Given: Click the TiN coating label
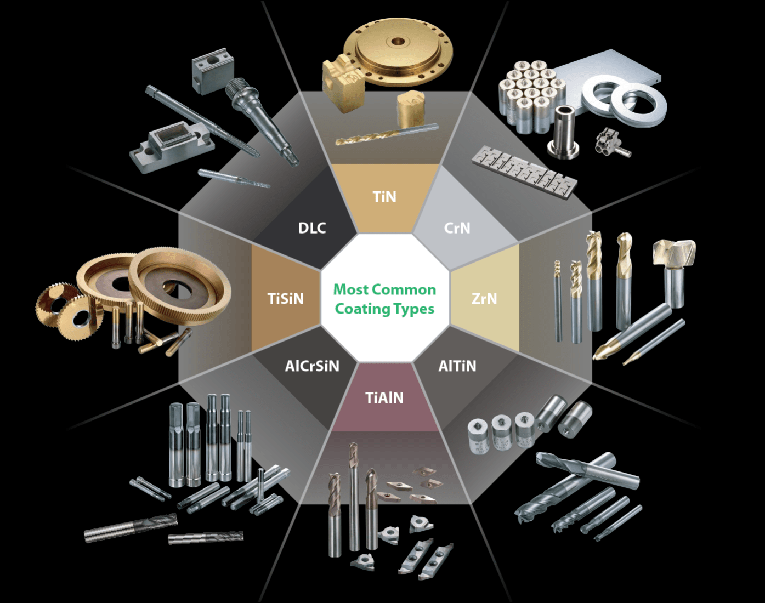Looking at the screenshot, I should pyautogui.click(x=384, y=197).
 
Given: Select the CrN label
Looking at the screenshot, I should pyautogui.click(x=457, y=227).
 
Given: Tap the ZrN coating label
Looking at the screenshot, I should pyautogui.click(x=484, y=299).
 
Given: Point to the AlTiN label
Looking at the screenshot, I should pyautogui.click(x=457, y=366).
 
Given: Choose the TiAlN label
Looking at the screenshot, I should pyautogui.click(x=384, y=397).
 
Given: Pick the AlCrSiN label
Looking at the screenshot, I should pyautogui.click(x=312, y=366).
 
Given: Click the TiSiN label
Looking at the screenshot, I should pyautogui.click(x=285, y=299).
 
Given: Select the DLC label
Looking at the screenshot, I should pyautogui.click(x=312, y=227).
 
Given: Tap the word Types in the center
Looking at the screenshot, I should pyautogui.click(x=411, y=309).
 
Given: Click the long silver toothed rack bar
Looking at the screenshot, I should pyautogui.click(x=524, y=170).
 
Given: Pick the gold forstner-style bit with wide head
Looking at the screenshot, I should pyautogui.click(x=674, y=263).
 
